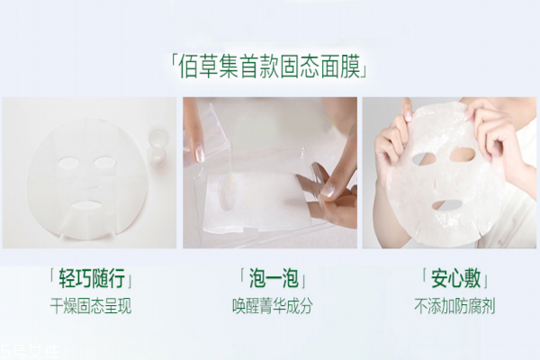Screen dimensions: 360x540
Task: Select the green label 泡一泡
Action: (x=271, y=275)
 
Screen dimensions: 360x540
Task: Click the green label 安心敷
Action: (x=449, y=275)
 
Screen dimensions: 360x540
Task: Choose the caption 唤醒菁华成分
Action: (x=271, y=305)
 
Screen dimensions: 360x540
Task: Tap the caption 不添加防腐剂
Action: (x=449, y=305)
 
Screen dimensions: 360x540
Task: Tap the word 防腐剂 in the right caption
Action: (x=468, y=305)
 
